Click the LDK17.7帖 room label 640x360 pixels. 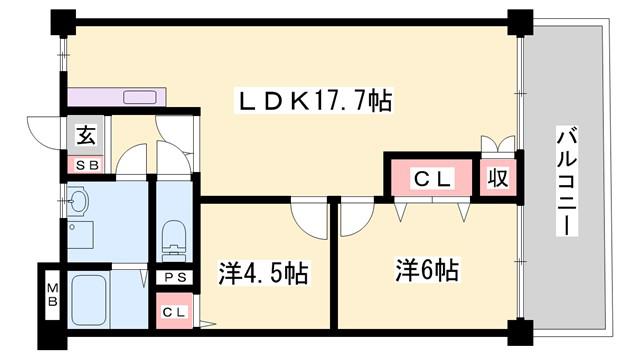pos(315,100)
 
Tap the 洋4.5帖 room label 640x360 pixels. pos(263,273)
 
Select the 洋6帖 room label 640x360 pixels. pos(427,270)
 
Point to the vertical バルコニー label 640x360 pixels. pos(567,181)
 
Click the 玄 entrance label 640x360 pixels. pos(86,135)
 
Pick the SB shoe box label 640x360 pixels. pos(87,165)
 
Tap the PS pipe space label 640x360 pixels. pos(176,278)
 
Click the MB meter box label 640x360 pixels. pos(53,295)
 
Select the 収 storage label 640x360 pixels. pos(498,178)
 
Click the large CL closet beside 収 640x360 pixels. pos(432,178)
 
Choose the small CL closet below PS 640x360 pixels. pos(175,311)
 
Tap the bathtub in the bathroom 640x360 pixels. pos(89,300)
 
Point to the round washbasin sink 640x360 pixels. pos(78,201)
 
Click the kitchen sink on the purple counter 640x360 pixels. pos(140,97)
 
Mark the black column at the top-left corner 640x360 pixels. pos(63,22)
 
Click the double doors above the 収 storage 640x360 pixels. pos(498,144)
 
